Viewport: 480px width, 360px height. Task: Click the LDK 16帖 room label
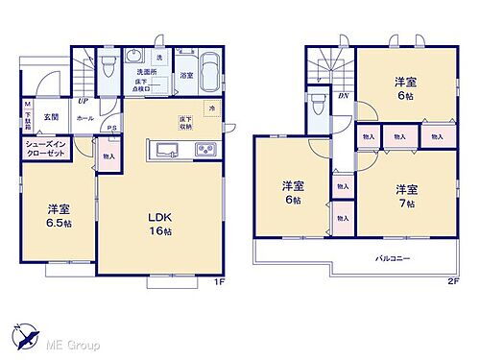(159, 221)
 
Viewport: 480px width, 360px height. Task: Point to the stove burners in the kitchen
(205, 150)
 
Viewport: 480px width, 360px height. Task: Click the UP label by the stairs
(84, 100)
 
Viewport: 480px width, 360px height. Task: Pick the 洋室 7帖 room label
(405, 196)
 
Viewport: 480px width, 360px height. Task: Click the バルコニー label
(391, 256)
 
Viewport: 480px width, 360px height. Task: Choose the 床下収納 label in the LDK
(184, 122)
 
